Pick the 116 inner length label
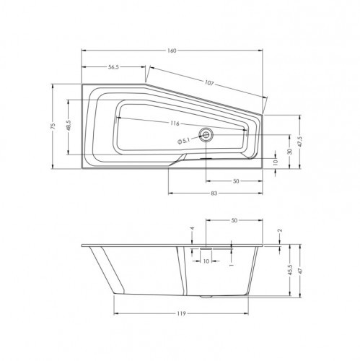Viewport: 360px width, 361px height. tap(175, 123)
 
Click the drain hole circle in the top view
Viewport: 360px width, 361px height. tap(208, 134)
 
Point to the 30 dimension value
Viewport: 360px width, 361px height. tap(290, 152)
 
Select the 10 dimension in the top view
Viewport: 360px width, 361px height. tap(275, 163)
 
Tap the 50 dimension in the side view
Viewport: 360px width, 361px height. tap(233, 220)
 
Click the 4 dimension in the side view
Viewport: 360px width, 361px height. tap(192, 230)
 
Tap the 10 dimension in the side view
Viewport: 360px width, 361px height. tap(206, 261)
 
